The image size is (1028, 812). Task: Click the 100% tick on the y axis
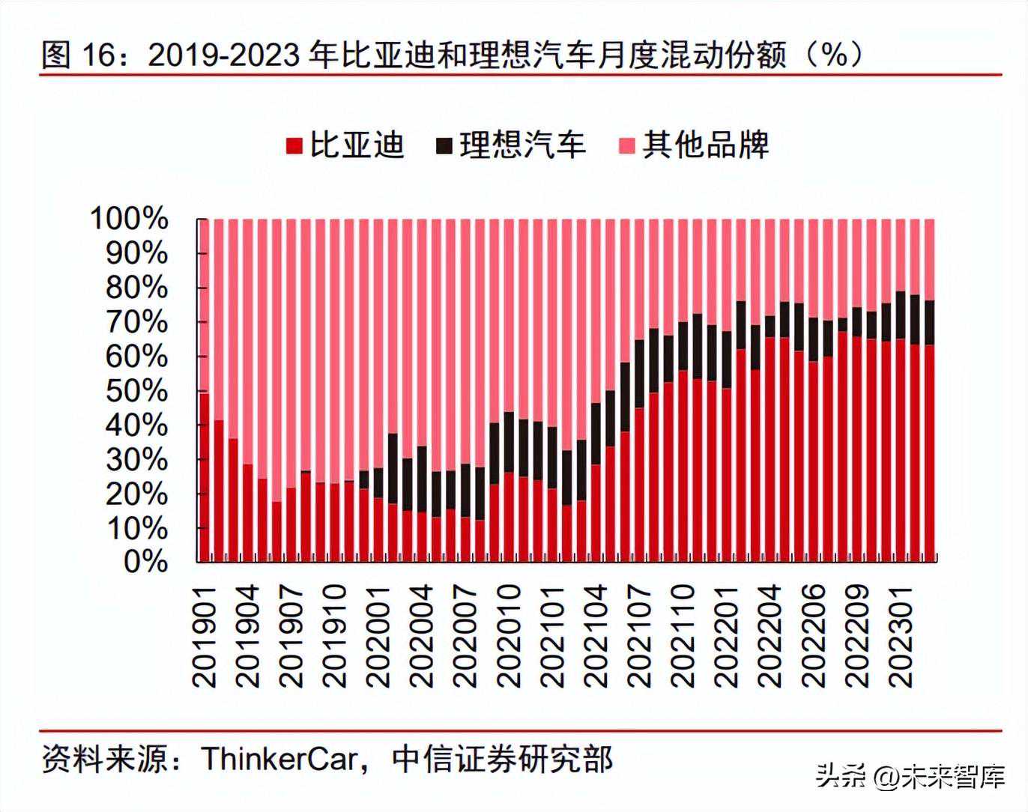[x=129, y=219]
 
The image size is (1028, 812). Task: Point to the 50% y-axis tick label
[x=136, y=390]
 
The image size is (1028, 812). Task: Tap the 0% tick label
[x=145, y=562]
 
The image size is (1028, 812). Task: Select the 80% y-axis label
[x=136, y=288]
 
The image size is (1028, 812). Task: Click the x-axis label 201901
[x=205, y=636]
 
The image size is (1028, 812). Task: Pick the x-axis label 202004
[x=423, y=636]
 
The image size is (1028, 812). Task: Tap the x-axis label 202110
[x=684, y=636]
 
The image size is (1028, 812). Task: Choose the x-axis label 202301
[x=902, y=636]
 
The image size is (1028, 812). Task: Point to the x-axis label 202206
[x=815, y=636]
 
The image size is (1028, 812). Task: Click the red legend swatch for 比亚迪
[x=294, y=145]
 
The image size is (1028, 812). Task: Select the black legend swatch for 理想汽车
[x=444, y=145]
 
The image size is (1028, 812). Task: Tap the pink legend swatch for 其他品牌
[x=627, y=145]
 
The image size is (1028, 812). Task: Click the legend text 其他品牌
[x=706, y=145]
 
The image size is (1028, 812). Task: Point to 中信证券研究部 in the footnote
[x=502, y=759]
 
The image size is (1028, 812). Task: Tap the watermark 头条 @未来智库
[x=910, y=776]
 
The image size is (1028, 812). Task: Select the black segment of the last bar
[x=929, y=322]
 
